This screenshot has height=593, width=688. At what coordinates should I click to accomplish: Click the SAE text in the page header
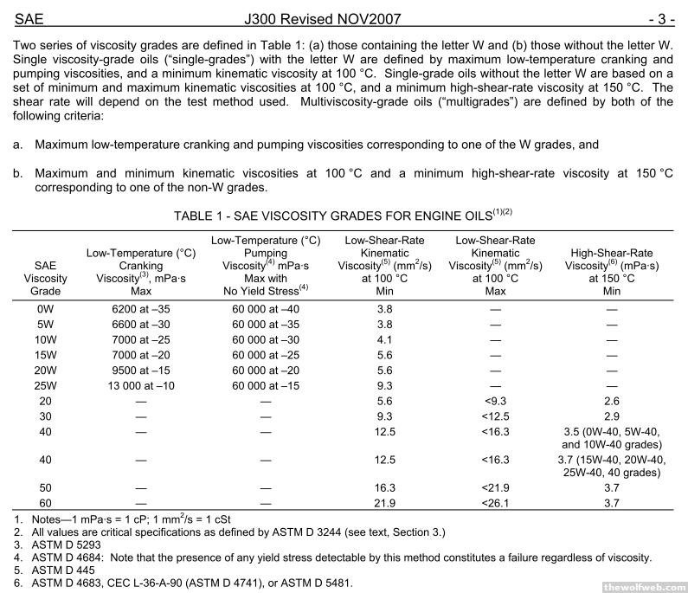click(29, 15)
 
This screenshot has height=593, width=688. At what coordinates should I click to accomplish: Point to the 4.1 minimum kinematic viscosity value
click(385, 338)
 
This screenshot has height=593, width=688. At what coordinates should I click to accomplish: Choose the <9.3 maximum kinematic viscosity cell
click(495, 401)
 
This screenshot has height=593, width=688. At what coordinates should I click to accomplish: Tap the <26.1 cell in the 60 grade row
click(495, 503)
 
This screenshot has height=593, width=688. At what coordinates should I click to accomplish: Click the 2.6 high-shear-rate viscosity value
click(612, 401)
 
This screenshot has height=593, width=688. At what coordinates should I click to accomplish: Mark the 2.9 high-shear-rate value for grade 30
click(612, 416)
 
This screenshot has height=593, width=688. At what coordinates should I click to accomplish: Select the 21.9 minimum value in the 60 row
click(385, 503)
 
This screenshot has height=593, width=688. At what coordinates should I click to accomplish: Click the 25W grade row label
click(46, 385)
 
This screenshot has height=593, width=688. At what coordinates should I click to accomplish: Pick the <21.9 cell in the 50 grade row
click(495, 487)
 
